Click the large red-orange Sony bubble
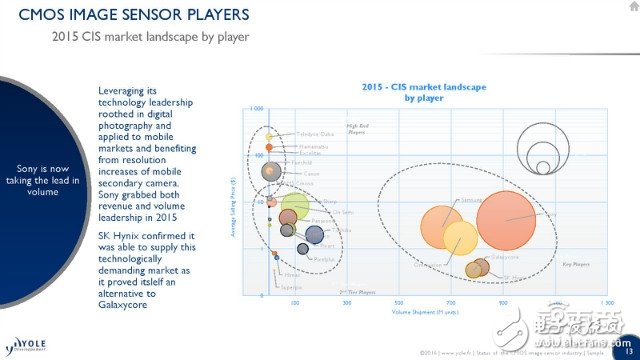[506, 219]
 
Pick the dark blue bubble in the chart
[314, 235]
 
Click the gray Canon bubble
[270, 172]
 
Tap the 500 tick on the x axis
[399, 301]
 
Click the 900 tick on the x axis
[503, 301]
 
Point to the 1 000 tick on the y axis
[257, 108]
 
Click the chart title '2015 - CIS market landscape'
[409, 88]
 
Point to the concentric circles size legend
[541, 151]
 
